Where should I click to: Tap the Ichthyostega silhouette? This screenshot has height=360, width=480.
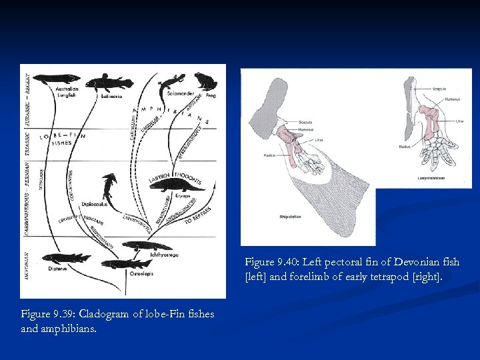(147, 246)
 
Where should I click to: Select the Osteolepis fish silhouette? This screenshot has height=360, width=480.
(126, 264)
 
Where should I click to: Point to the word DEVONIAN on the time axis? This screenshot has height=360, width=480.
(27, 266)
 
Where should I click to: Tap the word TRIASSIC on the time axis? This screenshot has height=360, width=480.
(27, 141)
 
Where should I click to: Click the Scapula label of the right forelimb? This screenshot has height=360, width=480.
(439, 88)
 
